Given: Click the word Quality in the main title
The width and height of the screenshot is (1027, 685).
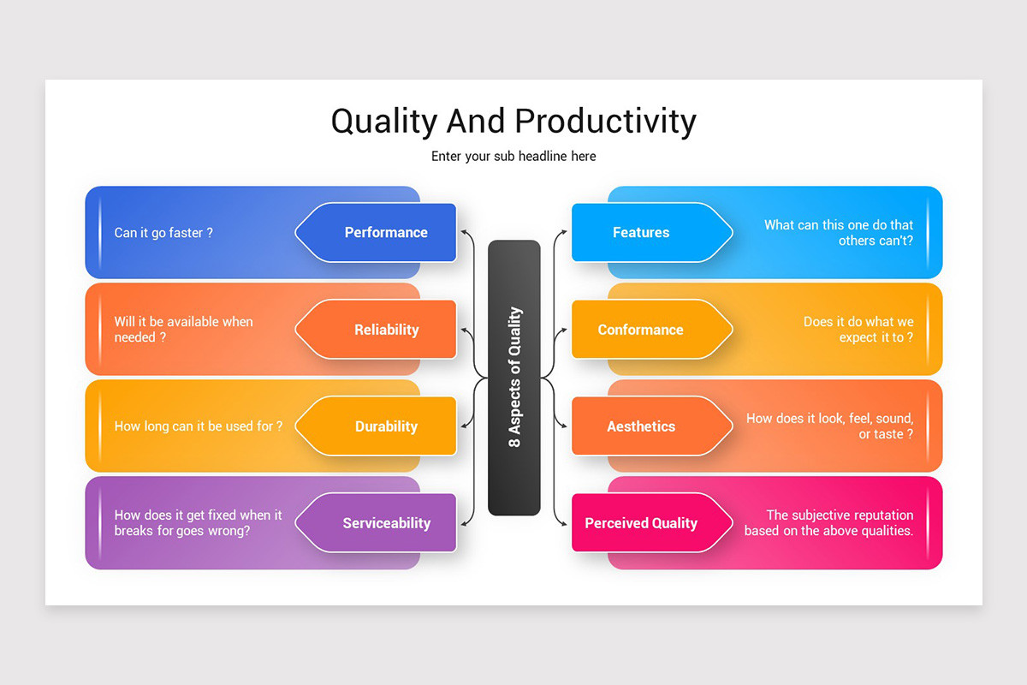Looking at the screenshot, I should click(384, 122).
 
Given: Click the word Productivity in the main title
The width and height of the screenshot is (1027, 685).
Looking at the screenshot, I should click(606, 122).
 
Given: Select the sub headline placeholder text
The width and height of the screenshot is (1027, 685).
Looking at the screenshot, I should click(513, 156).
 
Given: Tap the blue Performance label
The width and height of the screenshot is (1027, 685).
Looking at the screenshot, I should click(385, 232).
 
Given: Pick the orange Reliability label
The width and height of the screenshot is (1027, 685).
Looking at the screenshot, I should click(386, 330).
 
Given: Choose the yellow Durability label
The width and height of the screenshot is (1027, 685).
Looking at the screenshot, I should click(386, 426).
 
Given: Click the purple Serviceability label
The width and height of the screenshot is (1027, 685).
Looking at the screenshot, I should click(386, 523).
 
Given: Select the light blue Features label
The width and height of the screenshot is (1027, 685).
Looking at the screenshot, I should click(641, 232).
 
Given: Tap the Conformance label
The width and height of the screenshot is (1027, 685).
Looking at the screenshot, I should click(640, 330).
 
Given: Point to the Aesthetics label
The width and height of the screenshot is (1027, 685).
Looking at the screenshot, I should click(641, 426).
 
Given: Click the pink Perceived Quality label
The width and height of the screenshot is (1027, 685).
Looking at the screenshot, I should click(641, 523).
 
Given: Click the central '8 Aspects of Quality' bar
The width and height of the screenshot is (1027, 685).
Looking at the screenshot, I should click(514, 378).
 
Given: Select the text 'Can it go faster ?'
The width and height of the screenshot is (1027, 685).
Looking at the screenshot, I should click(163, 233).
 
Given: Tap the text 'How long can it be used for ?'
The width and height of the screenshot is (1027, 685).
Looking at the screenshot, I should click(199, 426).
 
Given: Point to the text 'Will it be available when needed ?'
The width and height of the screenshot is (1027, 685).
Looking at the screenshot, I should click(183, 330).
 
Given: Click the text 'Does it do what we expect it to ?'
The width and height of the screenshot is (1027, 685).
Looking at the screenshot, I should click(858, 330).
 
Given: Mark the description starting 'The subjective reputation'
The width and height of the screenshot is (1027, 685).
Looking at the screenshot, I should click(828, 523).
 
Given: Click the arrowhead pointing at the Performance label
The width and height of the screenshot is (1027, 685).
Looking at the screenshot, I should click(463, 231).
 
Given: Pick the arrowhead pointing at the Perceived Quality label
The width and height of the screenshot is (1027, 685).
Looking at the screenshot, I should click(564, 523).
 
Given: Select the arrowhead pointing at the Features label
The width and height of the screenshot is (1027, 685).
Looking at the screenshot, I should click(564, 231).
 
